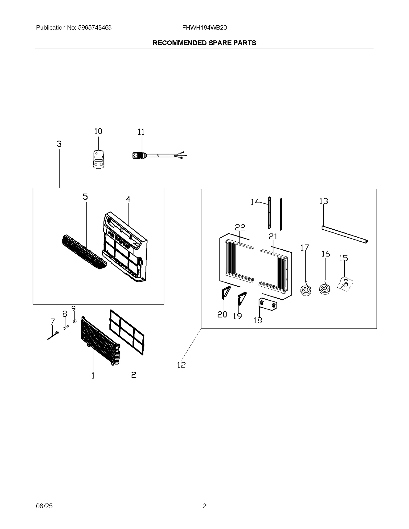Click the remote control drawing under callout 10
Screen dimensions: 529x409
[x=98, y=159]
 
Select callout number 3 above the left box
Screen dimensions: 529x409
[x=59, y=144]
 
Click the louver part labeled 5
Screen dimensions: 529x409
[x=84, y=252]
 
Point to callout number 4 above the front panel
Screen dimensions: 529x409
[x=128, y=199]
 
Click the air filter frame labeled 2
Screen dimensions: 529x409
[x=127, y=332]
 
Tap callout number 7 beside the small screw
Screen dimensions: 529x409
[x=52, y=322]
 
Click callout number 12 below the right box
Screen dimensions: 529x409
[x=181, y=365]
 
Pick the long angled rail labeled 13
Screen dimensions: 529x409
[x=344, y=234]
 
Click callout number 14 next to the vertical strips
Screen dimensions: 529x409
[x=255, y=202]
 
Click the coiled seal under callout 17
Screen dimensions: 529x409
[x=306, y=290]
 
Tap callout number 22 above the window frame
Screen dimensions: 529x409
[x=240, y=227]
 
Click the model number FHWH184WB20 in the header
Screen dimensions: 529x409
[x=204, y=28]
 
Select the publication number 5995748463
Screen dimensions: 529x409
[x=95, y=28]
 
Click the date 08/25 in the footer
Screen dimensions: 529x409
[x=44, y=506]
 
